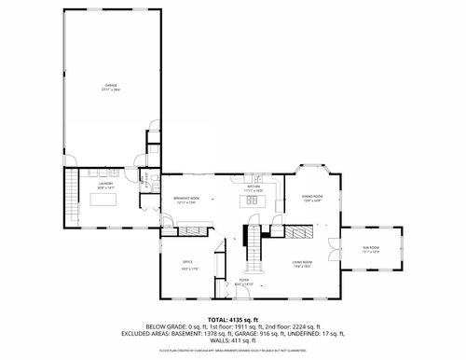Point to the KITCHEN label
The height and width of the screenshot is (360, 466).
(253, 187)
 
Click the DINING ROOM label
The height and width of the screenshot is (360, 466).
(311, 197)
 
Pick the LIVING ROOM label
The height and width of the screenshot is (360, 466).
(300, 263)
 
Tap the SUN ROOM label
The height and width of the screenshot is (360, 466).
(371, 247)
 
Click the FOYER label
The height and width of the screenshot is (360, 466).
(243, 280)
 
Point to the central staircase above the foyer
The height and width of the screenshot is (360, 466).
(251, 248)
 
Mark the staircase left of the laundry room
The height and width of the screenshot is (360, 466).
(70, 196)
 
